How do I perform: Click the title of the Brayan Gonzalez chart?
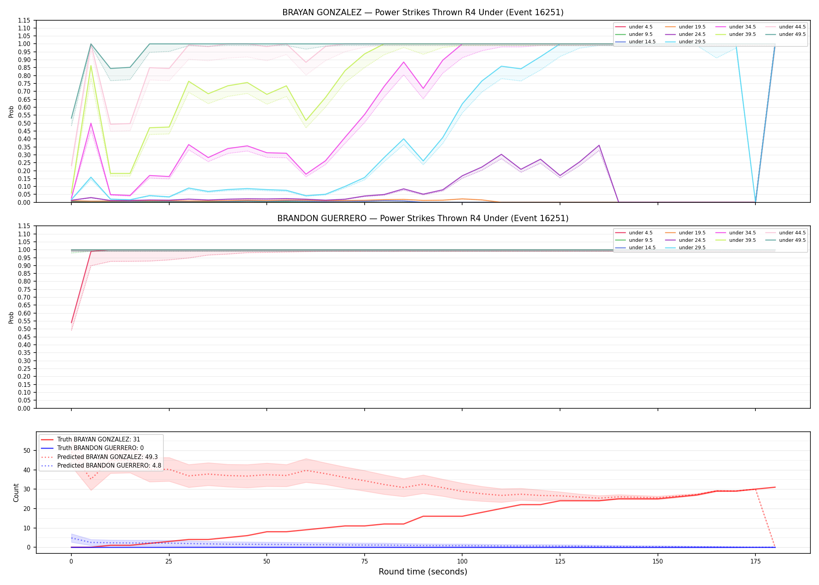click(423, 12)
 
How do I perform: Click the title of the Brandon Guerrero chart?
click(423, 218)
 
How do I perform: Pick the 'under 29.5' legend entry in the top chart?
click(685, 42)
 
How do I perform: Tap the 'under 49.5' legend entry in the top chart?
click(785, 34)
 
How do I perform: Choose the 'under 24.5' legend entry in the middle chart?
click(685, 240)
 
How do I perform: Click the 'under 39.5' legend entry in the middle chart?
click(736, 240)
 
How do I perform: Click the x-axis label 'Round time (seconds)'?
click(423, 572)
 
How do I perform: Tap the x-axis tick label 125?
click(560, 562)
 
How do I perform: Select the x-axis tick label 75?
click(364, 562)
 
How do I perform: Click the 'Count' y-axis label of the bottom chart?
click(16, 493)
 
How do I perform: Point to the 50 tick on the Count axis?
click(27, 450)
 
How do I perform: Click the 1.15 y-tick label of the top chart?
click(24, 20)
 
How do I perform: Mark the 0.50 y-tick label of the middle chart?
click(24, 329)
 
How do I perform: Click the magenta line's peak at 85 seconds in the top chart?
click(404, 62)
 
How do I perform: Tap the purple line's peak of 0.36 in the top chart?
click(599, 145)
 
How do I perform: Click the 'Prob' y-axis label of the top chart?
click(11, 112)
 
